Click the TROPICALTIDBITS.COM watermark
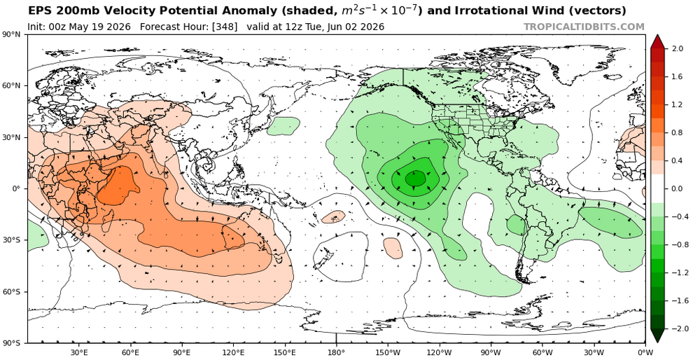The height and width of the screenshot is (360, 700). pos(584,27)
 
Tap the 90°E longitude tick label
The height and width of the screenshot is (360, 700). pos(182,352)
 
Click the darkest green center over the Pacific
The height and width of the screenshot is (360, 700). pos(416,178)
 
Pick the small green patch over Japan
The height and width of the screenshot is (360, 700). pos(283,126)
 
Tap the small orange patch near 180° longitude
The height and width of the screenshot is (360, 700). pos(333,217)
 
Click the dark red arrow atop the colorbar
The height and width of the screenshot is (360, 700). pos(657,41)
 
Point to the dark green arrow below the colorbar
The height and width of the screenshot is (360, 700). pos(657,336)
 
